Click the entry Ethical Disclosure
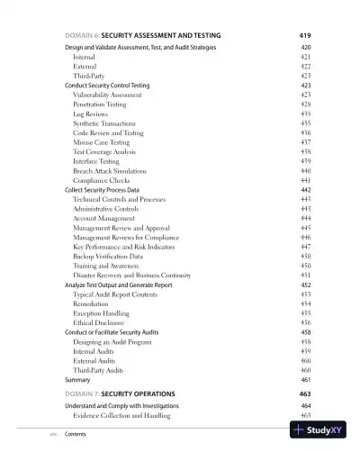[x=101, y=322]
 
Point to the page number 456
[x=305, y=322]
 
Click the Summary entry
[x=78, y=380]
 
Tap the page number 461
[x=305, y=380]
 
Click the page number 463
[x=304, y=394]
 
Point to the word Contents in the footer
[x=78, y=433]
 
